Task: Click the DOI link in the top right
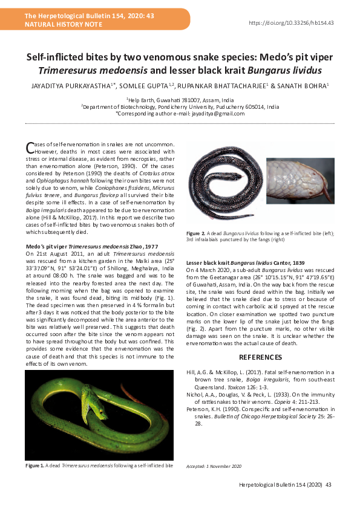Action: click(x=292, y=22)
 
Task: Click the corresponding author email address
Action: click(x=180, y=114)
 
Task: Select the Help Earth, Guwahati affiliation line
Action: click(x=180, y=99)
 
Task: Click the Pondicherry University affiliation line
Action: click(x=180, y=106)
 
